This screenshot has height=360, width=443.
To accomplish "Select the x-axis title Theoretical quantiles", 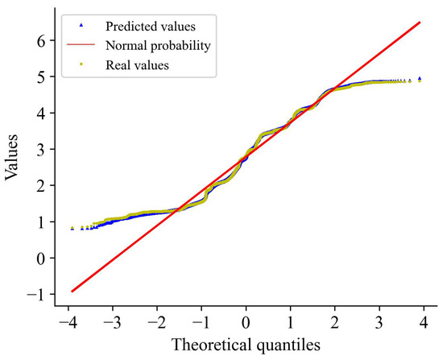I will pyautogui.click(x=246, y=345).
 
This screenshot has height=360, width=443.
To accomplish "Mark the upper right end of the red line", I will pyautogui.click(x=420, y=23).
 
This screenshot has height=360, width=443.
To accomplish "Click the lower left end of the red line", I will pyautogui.click(x=72, y=291).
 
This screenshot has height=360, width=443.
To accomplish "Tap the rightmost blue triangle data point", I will pyautogui.click(x=420, y=79).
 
